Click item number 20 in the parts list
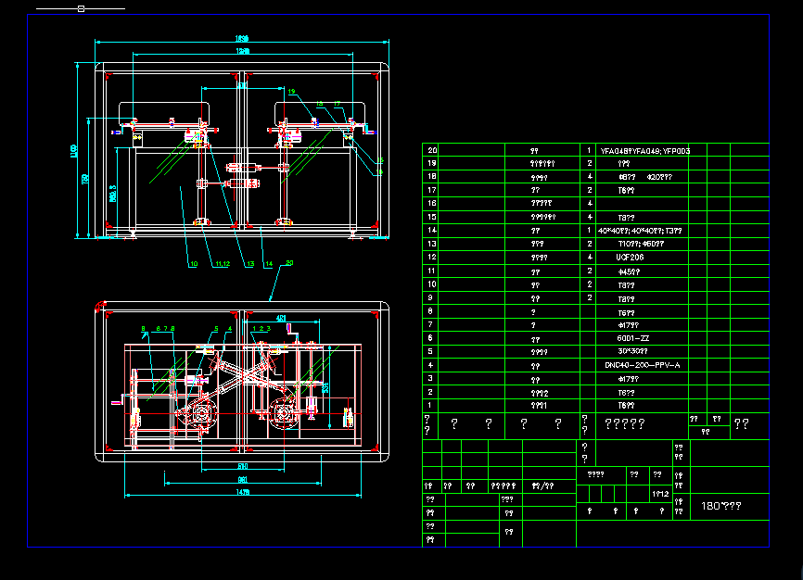click(x=430, y=149)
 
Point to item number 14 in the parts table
click(x=430, y=230)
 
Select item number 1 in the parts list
click(x=430, y=405)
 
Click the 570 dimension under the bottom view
click(x=243, y=465)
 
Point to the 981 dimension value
click(x=243, y=479)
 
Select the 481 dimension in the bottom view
click(x=281, y=319)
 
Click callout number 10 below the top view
click(x=194, y=264)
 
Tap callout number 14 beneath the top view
click(x=268, y=264)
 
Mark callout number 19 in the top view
click(x=291, y=92)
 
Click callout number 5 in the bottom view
click(x=144, y=329)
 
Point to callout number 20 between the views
click(x=289, y=263)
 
